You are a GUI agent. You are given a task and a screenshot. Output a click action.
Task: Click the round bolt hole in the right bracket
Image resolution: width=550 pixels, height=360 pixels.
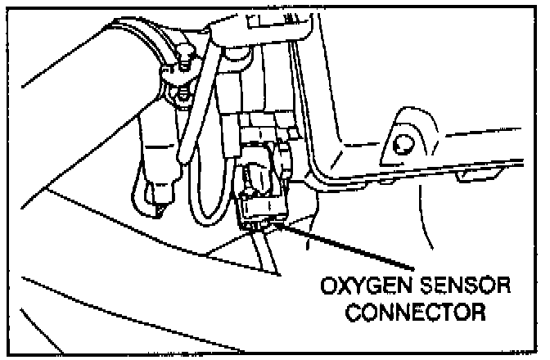coord(400,146)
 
